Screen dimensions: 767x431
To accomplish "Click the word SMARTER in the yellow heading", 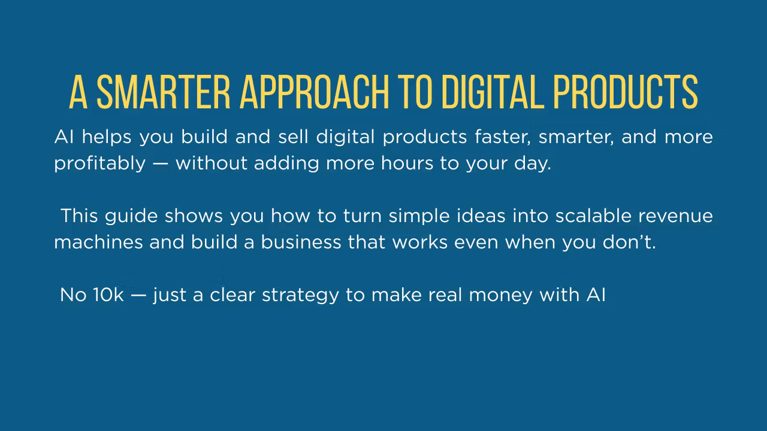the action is [x=164, y=92].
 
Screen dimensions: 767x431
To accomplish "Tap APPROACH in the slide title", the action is [x=315, y=92].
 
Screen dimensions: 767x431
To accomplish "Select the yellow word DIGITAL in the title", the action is [x=493, y=92].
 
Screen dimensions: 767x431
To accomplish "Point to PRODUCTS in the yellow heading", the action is [x=626, y=92].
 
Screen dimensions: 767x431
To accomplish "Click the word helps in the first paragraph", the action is [x=107, y=138].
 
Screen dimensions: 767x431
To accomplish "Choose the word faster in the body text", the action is [x=503, y=138].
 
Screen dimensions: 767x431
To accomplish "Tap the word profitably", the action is [x=100, y=164].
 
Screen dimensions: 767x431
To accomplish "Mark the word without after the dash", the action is [x=212, y=163].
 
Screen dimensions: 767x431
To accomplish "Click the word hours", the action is [x=407, y=163].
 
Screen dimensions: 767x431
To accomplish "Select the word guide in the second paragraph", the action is [x=131, y=217].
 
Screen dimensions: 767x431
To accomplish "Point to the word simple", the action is [x=419, y=217].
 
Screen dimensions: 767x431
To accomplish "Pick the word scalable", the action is [x=593, y=215].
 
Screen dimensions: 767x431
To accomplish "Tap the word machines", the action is [x=98, y=242].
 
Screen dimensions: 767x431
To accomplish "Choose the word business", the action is [x=301, y=242].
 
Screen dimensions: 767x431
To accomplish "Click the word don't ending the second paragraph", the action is [x=629, y=242].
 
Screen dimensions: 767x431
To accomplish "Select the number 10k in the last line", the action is [x=108, y=295].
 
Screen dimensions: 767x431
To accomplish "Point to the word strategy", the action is [x=300, y=296].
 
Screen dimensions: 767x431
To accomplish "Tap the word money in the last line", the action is [x=500, y=296].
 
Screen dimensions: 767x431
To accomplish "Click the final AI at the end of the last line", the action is [x=596, y=295].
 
